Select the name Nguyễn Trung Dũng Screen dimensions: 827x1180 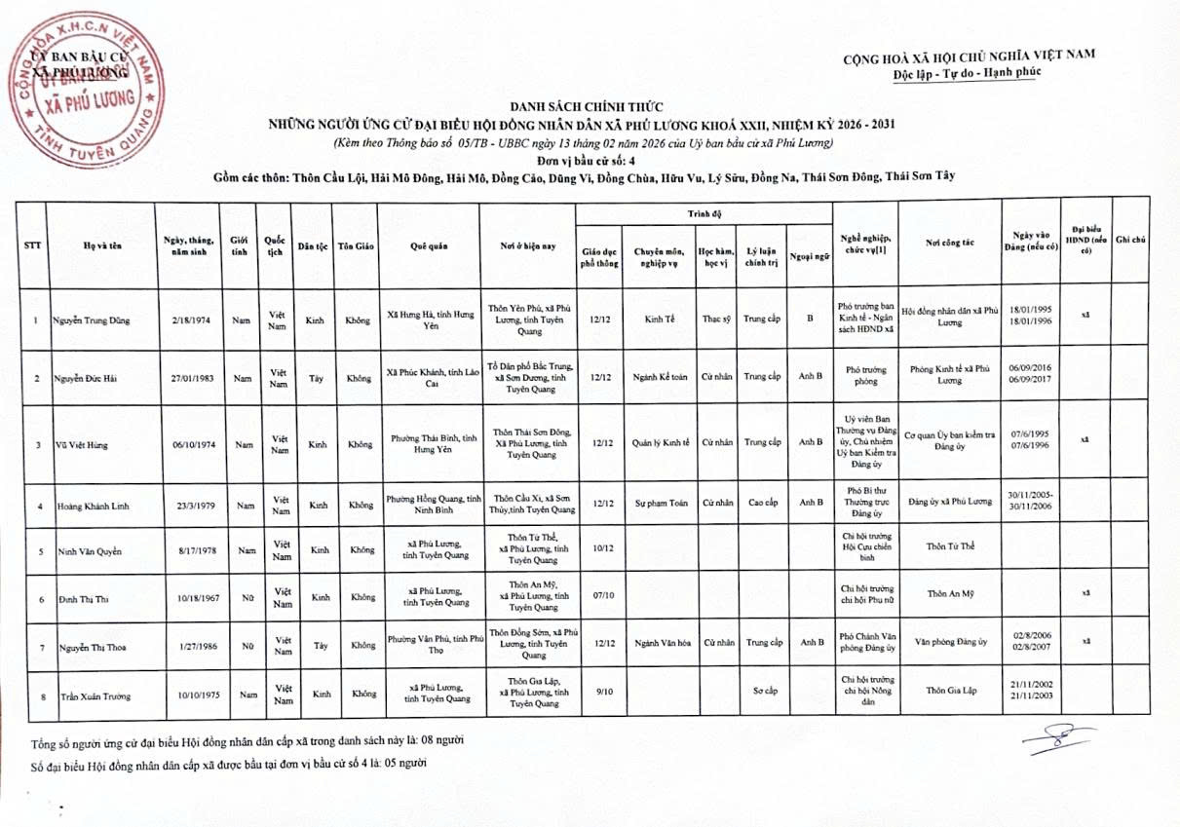(94, 320)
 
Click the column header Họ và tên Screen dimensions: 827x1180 (101, 245)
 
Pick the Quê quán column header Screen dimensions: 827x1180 (430, 246)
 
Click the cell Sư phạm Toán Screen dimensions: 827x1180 (661, 503)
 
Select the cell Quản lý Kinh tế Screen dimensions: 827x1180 (661, 443)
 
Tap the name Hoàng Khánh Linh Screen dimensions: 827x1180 (93, 507)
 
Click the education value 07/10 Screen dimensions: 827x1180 (601, 594)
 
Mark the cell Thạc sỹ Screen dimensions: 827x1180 (717, 319)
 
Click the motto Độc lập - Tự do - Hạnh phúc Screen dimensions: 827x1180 (967, 72)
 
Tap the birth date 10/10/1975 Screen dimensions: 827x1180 (187, 695)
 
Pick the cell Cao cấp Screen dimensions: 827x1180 (762, 503)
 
